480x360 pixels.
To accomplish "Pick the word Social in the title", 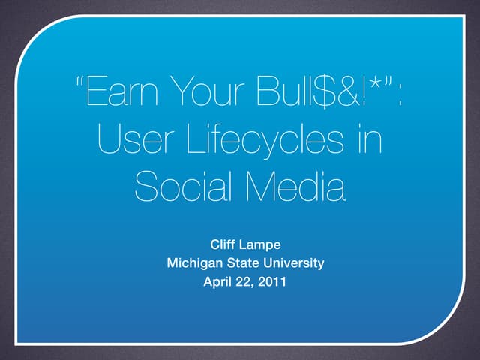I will (179, 187).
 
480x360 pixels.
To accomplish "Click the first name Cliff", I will (225, 244).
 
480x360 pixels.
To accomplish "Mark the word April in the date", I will (217, 283).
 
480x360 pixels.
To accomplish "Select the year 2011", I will (271, 283).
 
